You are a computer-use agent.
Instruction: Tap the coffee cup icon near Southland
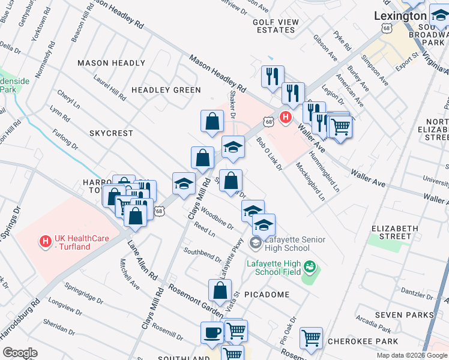coord(212,332)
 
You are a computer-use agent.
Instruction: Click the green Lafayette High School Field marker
coord(310,265)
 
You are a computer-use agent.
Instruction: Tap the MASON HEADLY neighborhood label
coord(111,63)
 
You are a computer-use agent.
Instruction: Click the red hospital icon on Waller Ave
coord(286,116)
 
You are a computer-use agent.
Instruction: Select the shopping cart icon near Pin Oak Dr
coord(311,338)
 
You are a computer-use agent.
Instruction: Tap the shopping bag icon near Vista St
coord(220,290)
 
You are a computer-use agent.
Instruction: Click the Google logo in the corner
coord(20,353)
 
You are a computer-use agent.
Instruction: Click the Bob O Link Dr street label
coord(269,154)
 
